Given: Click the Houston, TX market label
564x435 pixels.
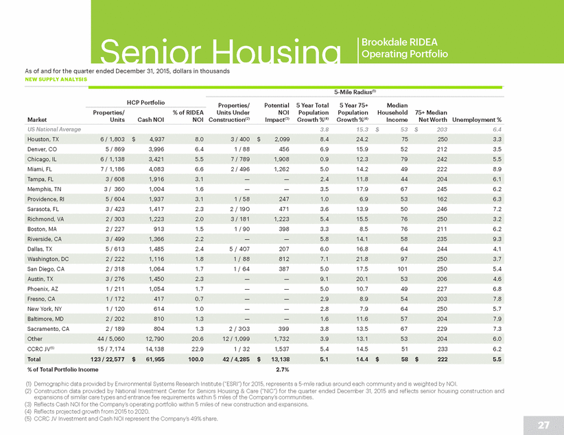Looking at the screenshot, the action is point(43,139).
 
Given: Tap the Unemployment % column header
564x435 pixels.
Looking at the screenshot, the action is point(477,120).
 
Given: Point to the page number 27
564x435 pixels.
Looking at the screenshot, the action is point(543,425).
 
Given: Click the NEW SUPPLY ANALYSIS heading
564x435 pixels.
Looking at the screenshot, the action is point(56,79).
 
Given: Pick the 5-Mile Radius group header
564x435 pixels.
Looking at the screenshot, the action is point(355,92).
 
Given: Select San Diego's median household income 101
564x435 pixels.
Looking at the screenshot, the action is point(402,269).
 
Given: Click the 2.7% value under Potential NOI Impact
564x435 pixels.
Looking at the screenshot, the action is point(283,370).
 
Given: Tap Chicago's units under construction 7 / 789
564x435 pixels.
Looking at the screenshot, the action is point(240,160).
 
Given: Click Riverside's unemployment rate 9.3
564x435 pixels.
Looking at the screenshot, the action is point(497,239).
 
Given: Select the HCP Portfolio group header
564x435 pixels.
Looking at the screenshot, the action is point(145,103).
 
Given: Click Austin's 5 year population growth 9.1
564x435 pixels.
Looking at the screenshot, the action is point(324,279).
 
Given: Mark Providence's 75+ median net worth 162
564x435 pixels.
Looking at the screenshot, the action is point(442,199).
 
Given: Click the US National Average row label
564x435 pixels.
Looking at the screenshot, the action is point(54,129).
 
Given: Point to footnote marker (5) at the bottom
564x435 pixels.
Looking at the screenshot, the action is point(28,419).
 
